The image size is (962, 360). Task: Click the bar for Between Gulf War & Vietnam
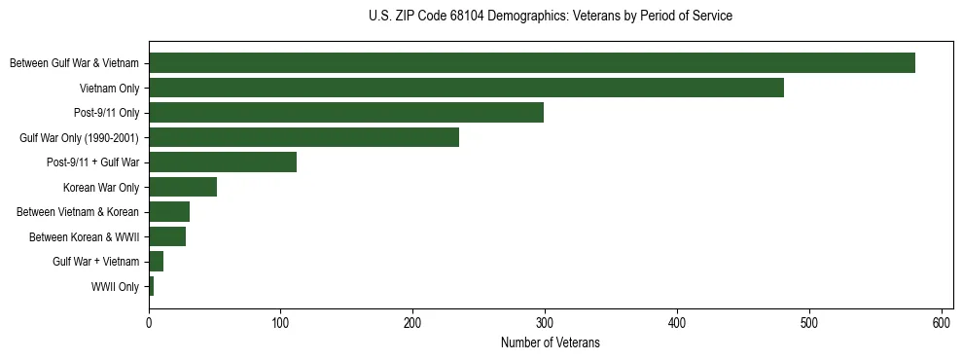(x=531, y=63)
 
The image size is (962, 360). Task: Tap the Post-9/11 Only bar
(x=345, y=113)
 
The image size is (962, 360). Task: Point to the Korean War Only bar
(x=182, y=187)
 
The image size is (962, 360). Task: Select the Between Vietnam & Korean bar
(x=168, y=212)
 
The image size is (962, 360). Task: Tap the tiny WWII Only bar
(x=151, y=286)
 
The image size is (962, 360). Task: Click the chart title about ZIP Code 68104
(x=551, y=17)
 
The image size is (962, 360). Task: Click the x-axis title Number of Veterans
(x=551, y=343)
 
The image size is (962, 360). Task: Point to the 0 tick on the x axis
(x=149, y=322)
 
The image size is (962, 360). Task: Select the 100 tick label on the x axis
(x=280, y=322)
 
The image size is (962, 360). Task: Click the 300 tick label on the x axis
(x=545, y=322)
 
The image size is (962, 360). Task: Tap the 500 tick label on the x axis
(x=809, y=322)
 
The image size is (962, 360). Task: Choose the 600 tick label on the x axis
(x=942, y=322)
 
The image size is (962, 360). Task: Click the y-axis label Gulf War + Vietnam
(x=95, y=262)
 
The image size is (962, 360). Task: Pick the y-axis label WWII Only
(x=115, y=286)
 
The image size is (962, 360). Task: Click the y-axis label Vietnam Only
(x=109, y=88)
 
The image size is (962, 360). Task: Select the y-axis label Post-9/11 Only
(x=106, y=113)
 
